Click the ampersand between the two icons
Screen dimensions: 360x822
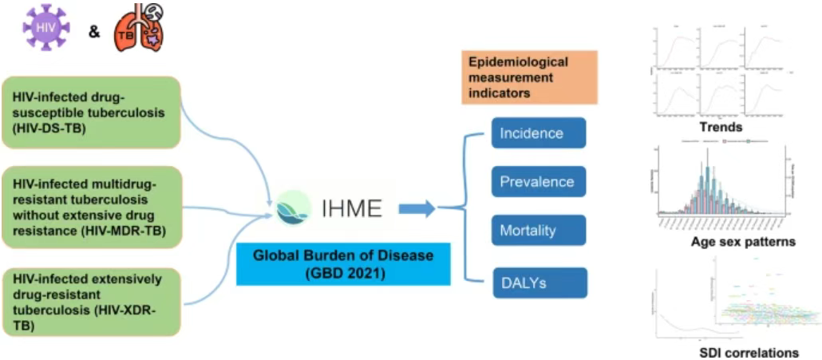coord(93,34)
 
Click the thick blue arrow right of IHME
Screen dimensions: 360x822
coord(417,209)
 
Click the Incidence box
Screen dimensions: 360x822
coord(539,133)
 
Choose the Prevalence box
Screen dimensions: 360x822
coord(539,182)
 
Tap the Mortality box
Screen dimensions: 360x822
coord(539,231)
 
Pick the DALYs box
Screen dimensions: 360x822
coord(539,282)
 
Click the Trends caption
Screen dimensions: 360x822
coord(720,127)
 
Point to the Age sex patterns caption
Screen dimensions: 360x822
coord(743,242)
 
